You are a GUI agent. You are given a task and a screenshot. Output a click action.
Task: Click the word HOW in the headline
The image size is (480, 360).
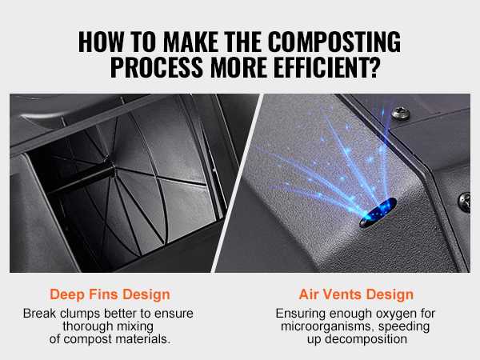[102, 42]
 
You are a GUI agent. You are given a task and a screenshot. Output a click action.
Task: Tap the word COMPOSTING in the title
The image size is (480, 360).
[334, 42]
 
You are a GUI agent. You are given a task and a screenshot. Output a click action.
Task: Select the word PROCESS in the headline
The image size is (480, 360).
[157, 67]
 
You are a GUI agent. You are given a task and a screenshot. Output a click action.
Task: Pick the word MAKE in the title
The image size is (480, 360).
[190, 42]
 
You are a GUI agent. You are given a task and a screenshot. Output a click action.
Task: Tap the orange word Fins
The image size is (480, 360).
[103, 294]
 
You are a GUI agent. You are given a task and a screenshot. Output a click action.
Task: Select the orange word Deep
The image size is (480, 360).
[67, 295]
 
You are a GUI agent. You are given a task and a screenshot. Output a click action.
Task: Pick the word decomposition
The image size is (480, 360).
[366, 339]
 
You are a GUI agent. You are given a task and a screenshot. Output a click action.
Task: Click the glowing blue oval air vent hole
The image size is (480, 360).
[378, 212]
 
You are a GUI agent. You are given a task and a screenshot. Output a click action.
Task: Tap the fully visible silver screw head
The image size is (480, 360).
[401, 113]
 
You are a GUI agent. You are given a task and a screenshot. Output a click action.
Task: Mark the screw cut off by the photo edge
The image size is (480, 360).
[464, 202]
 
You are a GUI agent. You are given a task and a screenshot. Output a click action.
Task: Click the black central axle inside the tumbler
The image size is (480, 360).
[80, 178]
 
